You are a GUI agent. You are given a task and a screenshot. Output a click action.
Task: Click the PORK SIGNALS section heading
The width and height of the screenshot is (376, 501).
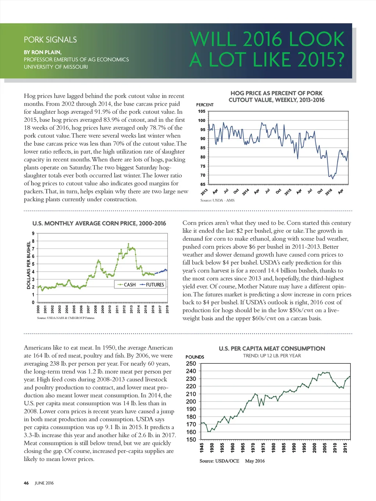[50, 40]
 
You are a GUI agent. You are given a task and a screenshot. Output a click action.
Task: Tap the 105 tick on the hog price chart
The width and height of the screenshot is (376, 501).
[202, 111]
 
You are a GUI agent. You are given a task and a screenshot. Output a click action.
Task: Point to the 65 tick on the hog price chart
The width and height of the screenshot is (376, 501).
[203, 184]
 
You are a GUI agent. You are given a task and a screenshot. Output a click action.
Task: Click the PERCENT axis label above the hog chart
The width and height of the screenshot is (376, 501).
[205, 105]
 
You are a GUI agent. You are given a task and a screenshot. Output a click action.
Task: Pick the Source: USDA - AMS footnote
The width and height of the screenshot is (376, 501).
[217, 200]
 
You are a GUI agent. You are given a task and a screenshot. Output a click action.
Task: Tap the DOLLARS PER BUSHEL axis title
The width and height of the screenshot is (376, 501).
[29, 265]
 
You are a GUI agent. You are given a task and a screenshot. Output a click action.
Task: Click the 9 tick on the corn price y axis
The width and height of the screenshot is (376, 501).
[33, 233]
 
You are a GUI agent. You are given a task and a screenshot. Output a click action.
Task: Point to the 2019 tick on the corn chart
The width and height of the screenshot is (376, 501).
[167, 309]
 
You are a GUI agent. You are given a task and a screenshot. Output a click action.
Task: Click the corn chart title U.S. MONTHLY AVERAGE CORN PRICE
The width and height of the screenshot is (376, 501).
[99, 223]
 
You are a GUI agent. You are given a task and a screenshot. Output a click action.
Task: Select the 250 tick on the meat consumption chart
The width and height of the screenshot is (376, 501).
[191, 363]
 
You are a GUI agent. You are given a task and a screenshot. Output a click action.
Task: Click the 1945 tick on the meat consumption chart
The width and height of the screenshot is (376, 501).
[202, 447]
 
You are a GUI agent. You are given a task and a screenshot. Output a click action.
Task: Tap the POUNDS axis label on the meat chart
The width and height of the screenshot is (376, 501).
[195, 357]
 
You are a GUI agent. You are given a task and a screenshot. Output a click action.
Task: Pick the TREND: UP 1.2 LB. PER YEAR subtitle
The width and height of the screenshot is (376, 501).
[272, 356]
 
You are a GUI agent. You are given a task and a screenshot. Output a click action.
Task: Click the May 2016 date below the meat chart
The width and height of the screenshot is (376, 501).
[255, 461]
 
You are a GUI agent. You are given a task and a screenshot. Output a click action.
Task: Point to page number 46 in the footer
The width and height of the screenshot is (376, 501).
[26, 483]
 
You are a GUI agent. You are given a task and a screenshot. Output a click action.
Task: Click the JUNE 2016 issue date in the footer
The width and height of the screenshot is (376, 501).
[44, 483]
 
